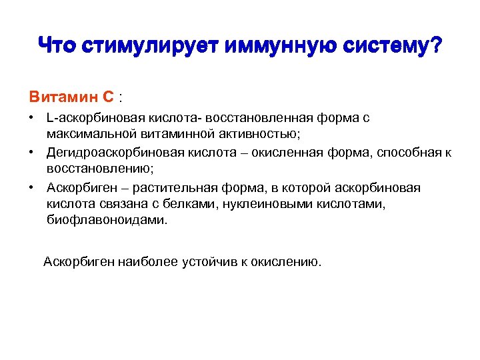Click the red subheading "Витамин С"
[x=71, y=97]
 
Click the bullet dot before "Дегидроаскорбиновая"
[x=32, y=153]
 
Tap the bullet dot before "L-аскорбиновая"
[x=32, y=118]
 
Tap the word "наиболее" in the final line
[x=142, y=262]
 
